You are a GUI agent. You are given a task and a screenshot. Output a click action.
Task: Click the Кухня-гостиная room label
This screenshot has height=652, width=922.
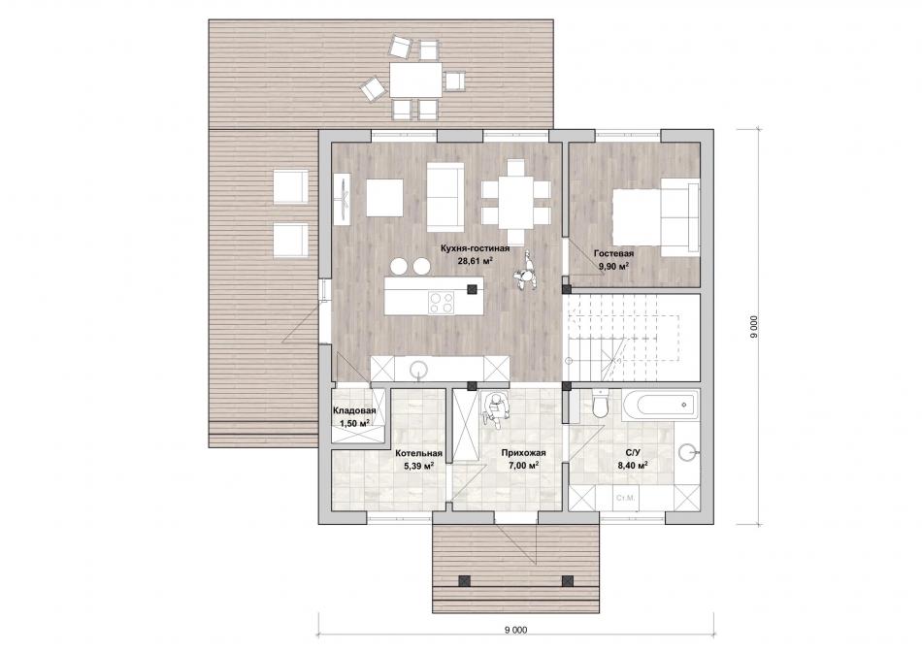click(x=476, y=248)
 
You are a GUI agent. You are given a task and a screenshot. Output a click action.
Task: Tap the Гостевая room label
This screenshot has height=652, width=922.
click(x=614, y=253)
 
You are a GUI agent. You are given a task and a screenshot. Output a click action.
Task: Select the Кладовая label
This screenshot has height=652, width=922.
click(x=354, y=411)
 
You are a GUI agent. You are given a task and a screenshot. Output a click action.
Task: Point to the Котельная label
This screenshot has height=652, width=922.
click(x=418, y=453)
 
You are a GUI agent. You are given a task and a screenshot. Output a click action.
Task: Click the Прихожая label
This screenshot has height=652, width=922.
click(x=524, y=453)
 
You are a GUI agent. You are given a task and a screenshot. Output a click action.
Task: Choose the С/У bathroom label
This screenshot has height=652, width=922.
click(x=633, y=453)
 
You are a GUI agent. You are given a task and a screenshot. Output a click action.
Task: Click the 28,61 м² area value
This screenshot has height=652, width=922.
click(x=476, y=261)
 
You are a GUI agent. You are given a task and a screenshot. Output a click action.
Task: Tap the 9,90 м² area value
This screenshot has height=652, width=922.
click(x=614, y=266)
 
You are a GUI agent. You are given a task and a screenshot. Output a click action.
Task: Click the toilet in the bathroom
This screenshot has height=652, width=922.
click(x=601, y=403)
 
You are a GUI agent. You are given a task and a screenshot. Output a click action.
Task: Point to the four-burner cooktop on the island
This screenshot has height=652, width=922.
click(x=441, y=302)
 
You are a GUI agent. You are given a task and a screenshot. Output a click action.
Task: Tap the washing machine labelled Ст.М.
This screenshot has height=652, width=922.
click(x=625, y=499)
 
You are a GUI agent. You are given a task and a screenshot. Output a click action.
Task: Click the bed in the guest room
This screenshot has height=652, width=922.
click(x=656, y=216)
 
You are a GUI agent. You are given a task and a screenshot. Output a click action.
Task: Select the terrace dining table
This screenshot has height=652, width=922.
click(x=415, y=80)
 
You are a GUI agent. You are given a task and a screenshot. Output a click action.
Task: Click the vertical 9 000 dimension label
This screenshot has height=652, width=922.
click(x=753, y=326)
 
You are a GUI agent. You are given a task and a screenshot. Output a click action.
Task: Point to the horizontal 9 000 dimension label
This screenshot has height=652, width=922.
click(x=515, y=630)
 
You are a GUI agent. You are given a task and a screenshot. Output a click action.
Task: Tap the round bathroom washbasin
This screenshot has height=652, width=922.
click(x=688, y=453)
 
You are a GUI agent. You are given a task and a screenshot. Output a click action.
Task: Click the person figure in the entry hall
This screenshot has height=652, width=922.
click(x=495, y=408)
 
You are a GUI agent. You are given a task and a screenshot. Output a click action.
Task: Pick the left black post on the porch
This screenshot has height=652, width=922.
click(x=465, y=580)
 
